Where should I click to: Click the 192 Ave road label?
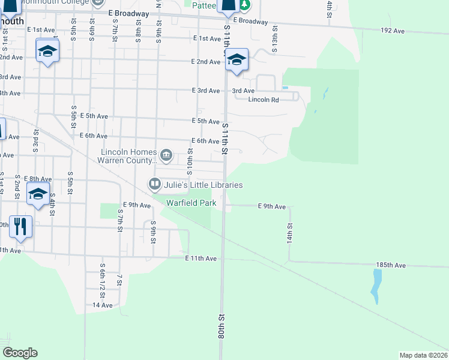[393, 30]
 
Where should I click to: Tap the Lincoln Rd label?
[264, 100]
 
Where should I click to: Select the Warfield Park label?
[191, 203]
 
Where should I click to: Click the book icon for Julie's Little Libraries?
[155, 184]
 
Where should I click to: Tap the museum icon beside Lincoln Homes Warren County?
[167, 157]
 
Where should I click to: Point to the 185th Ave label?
[391, 265]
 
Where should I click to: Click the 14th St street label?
[289, 232]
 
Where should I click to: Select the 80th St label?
[221, 324]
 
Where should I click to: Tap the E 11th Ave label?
[200, 258]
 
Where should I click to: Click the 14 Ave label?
[103, 305]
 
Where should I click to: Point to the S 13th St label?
[274, 38]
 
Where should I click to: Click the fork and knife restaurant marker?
[20, 227]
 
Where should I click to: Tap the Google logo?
[20, 352]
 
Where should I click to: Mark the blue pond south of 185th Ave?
[376, 286]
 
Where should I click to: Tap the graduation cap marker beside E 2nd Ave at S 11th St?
[237, 59]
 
